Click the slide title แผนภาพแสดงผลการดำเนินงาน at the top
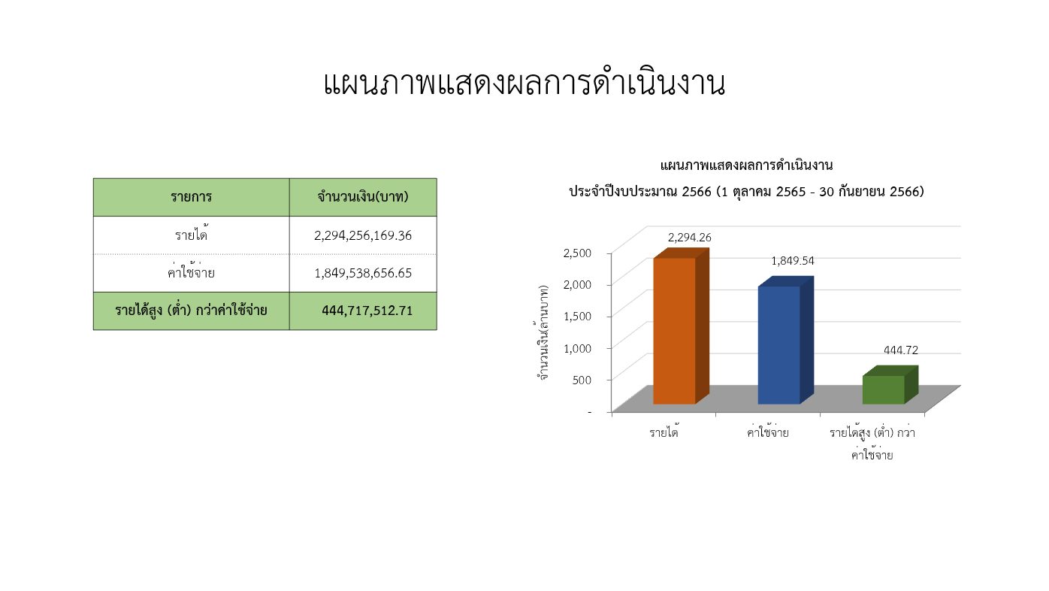524,83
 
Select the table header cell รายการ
191,197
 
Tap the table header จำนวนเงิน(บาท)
363,197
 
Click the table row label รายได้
191,234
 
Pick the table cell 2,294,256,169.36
363,235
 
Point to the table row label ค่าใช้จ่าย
191,272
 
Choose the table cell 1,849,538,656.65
363,273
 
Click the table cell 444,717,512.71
367,311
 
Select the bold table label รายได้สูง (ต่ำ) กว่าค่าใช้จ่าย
191,311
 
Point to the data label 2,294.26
689,238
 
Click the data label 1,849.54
793,261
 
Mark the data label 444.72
901,350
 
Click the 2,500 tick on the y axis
577,253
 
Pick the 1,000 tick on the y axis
577,348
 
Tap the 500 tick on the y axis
582,380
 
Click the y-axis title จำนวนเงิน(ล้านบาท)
543,332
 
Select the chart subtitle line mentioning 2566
746,192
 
